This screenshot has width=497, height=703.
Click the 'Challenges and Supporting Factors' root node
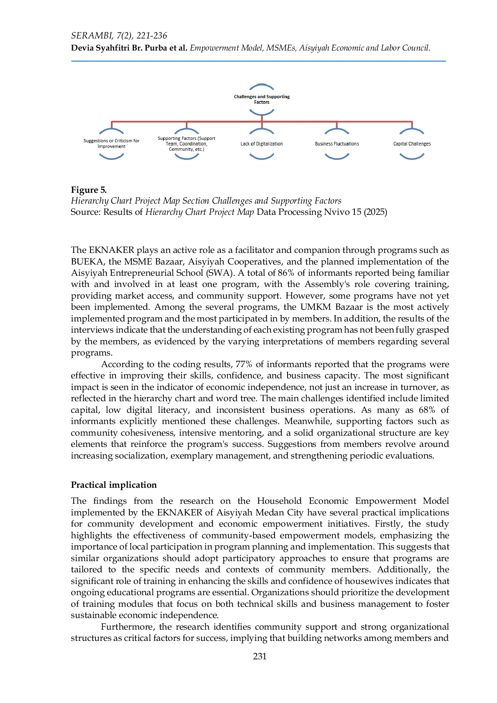pos(262,99)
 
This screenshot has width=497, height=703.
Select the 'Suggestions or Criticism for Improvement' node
pos(111,143)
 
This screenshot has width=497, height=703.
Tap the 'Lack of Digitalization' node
pos(262,144)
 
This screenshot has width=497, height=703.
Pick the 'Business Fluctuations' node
pos(337,144)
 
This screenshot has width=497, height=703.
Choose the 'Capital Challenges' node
pos(412,144)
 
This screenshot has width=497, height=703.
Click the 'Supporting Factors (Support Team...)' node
pos(187,144)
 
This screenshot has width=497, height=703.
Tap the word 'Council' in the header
pos(416,48)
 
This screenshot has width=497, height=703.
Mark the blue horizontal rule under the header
pos(259,61)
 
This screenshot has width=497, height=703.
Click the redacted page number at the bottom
pos(261,656)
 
